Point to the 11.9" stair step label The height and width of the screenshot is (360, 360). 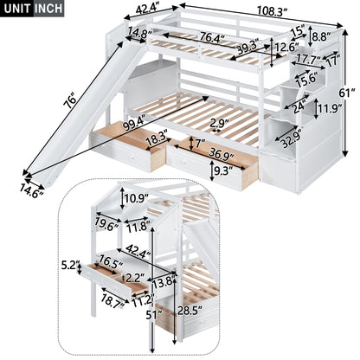tap(322, 109)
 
